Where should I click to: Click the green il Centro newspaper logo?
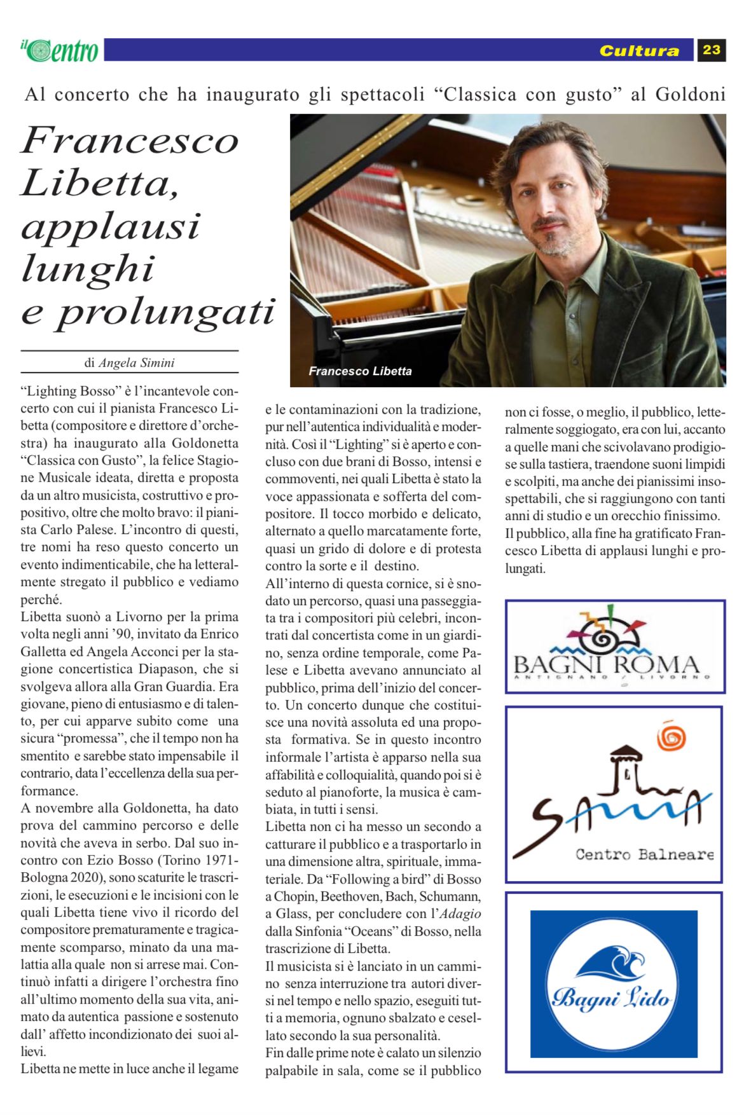pyautogui.click(x=60, y=50)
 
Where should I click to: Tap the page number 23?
pyautogui.click(x=712, y=50)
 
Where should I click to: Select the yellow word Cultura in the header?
pyautogui.click(x=639, y=51)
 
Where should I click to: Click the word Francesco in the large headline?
pyautogui.click(x=130, y=140)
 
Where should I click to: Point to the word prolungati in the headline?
pyautogui.click(x=166, y=311)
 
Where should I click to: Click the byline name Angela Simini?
pyautogui.click(x=136, y=363)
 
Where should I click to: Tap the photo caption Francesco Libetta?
pyautogui.click(x=360, y=371)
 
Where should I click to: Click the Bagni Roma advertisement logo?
pyautogui.click(x=614, y=647)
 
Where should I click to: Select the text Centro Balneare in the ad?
pyautogui.click(x=644, y=854)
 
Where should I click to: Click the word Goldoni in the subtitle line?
pyautogui.click(x=690, y=95)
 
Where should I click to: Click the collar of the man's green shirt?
pyautogui.click(x=566, y=273)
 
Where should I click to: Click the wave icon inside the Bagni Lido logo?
pyautogui.click(x=612, y=964)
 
